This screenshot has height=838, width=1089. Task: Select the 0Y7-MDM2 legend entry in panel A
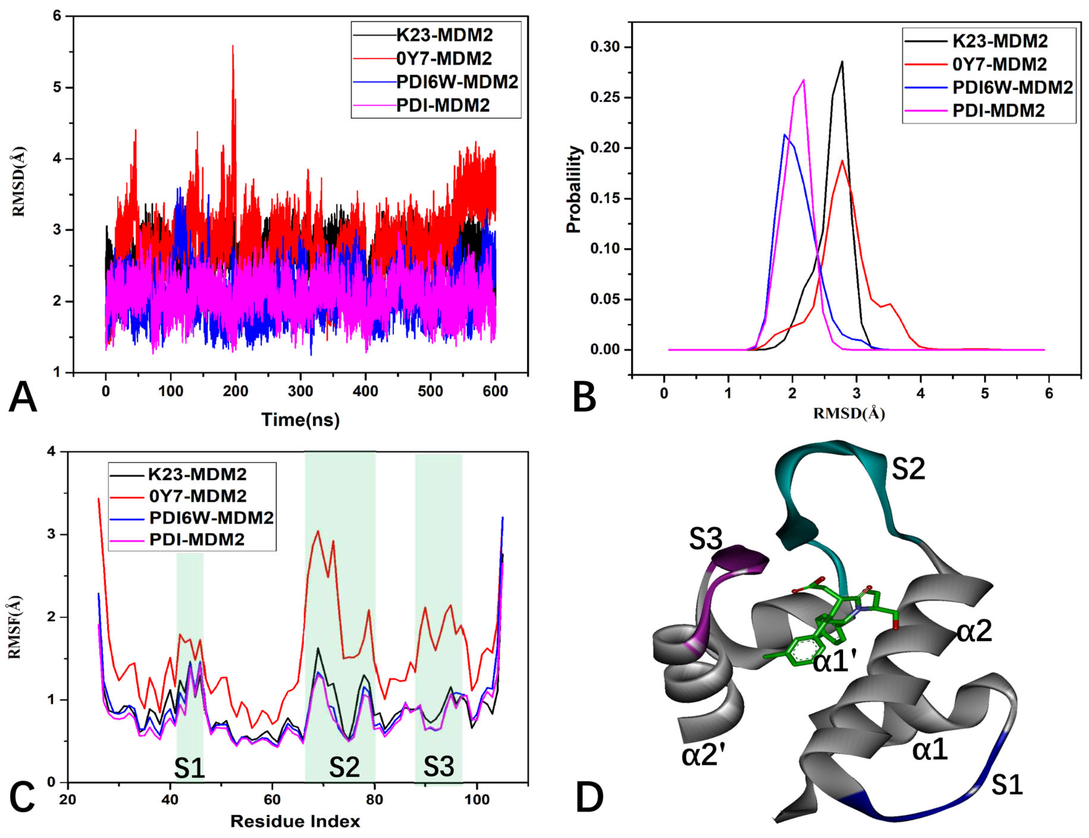click(443, 59)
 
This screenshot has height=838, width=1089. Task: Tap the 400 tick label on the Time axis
click(365, 391)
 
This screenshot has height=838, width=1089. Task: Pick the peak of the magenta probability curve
click(803, 80)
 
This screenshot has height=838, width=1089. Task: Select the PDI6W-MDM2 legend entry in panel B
click(1012, 87)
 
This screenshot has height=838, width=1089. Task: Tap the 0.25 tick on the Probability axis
click(605, 98)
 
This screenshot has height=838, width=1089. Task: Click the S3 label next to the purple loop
click(705, 539)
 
